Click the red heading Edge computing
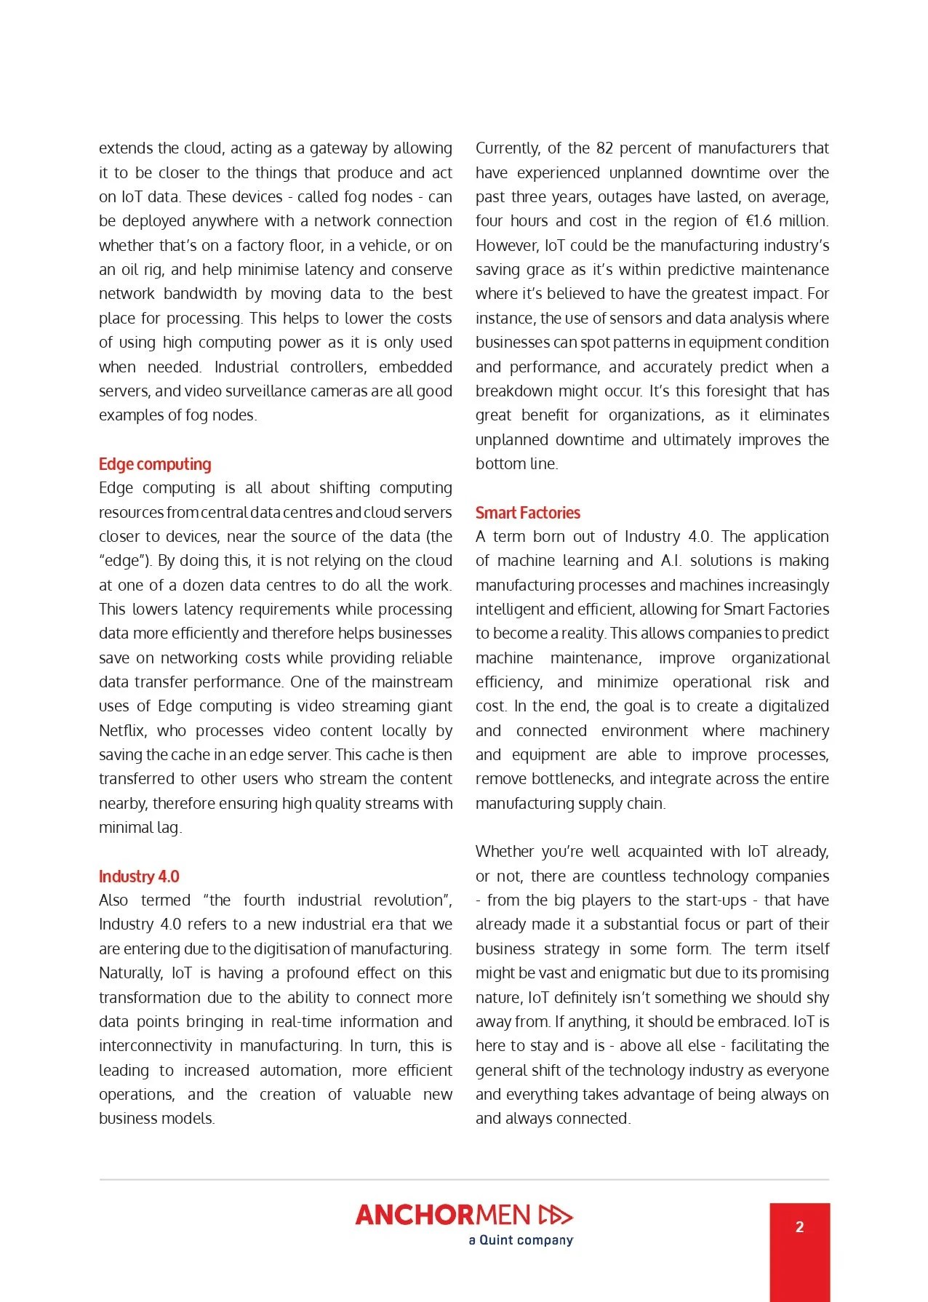pos(155,464)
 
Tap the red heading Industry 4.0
pos(139,876)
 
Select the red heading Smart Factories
pos(527,513)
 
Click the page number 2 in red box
pos(799,1227)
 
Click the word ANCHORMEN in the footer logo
pos(443,1215)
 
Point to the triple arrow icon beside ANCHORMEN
pos(556,1215)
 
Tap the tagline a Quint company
pos(521,1240)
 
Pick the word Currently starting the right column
pos(508,148)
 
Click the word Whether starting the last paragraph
pos(505,852)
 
